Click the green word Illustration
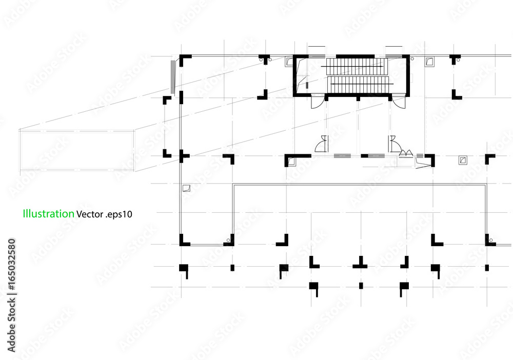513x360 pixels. click(x=48, y=213)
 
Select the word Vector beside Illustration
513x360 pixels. click(x=89, y=214)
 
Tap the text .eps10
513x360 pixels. click(x=119, y=214)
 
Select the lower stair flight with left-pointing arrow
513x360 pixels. click(x=361, y=85)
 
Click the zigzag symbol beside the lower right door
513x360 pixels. click(x=406, y=152)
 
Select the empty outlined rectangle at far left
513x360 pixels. click(x=76, y=150)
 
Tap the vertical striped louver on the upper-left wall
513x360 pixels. click(x=173, y=76)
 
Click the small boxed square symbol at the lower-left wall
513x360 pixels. click(x=187, y=188)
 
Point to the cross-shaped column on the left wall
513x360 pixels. click(x=183, y=156)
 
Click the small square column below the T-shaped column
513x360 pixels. click(x=361, y=286)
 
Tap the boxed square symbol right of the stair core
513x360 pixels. click(x=429, y=61)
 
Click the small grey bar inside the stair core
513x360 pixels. click(x=307, y=85)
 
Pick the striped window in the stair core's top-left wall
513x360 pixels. click(x=317, y=56)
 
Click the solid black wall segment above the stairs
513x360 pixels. click(x=356, y=56)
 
